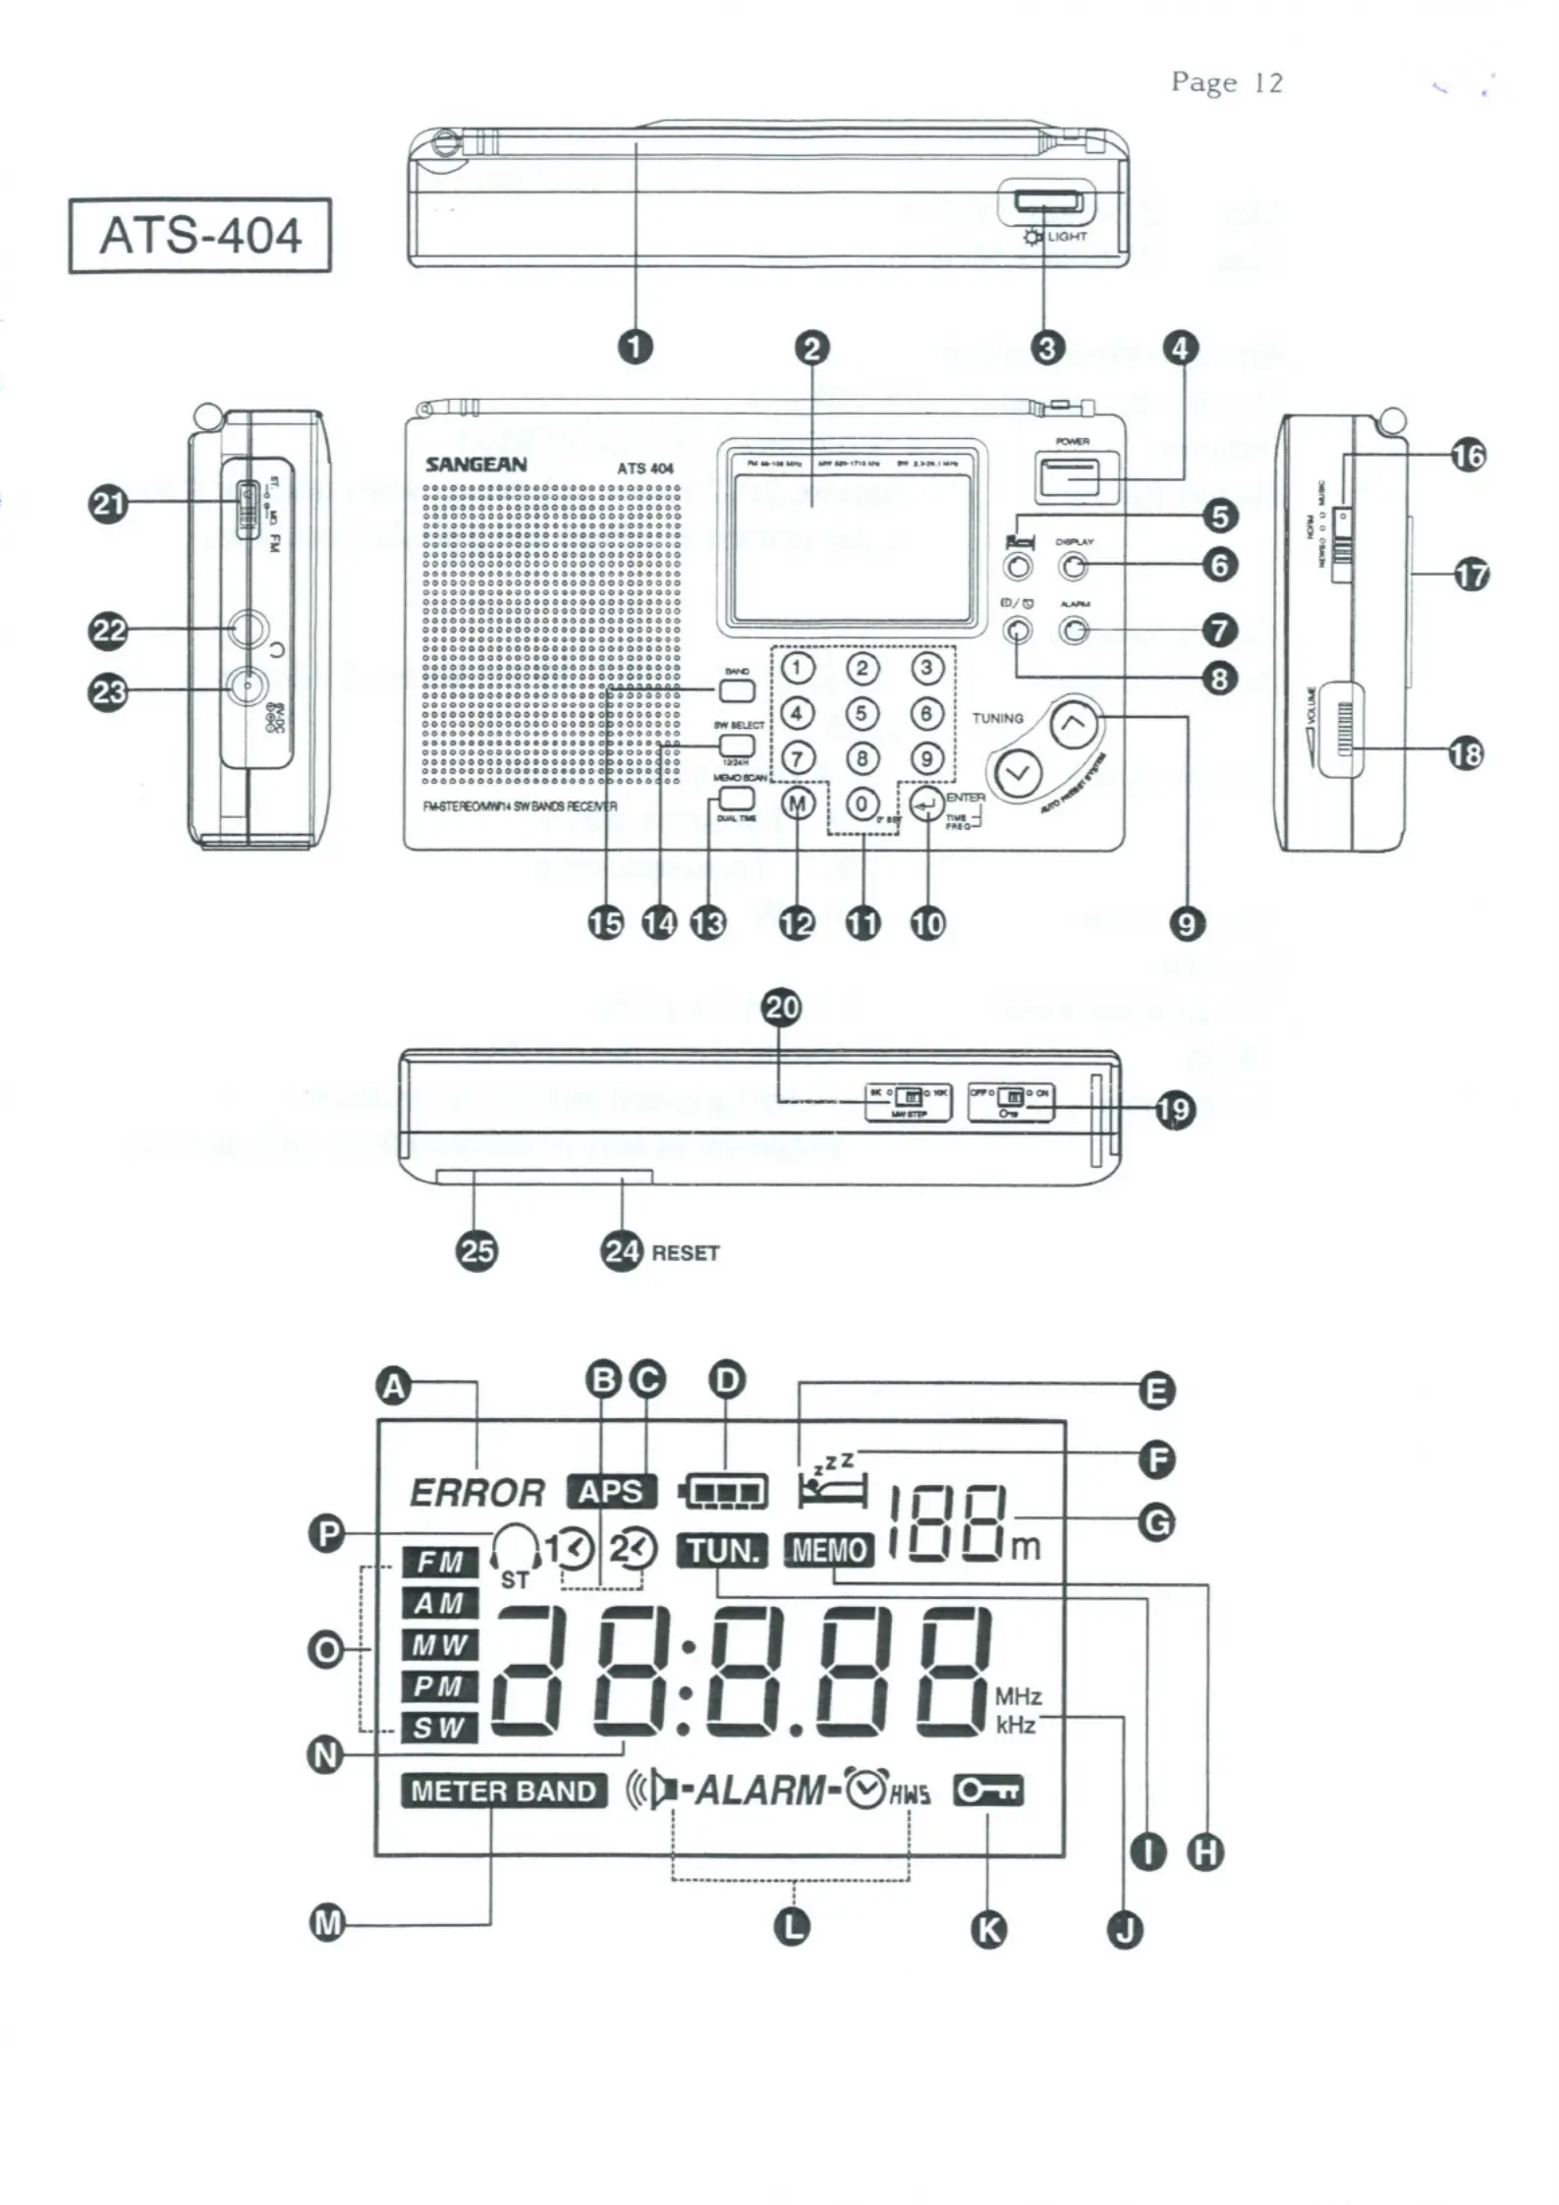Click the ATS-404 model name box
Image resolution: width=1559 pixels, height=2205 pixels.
(x=199, y=236)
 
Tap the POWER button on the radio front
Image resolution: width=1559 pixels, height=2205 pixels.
(x=1066, y=476)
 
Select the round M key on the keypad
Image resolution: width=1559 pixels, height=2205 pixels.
(x=798, y=804)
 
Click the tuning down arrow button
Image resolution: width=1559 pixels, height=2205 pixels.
(x=1019, y=773)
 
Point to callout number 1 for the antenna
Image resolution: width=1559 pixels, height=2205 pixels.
(x=636, y=347)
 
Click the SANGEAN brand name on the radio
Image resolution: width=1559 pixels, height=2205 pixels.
(x=475, y=465)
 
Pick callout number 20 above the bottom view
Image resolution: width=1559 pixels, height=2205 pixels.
(x=782, y=1008)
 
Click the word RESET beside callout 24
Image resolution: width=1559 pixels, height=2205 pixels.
(x=686, y=1253)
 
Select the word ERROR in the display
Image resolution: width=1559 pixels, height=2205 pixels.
(x=476, y=1493)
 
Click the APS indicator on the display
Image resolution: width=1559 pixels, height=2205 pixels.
(x=610, y=1492)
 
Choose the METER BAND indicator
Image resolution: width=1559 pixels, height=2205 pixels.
(x=503, y=1791)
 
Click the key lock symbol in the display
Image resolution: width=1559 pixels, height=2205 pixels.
(x=988, y=1791)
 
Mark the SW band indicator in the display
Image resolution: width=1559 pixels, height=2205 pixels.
(x=438, y=1728)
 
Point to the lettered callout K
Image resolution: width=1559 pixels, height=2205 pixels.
(x=988, y=1929)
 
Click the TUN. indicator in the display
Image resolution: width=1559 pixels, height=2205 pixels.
(x=723, y=1551)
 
